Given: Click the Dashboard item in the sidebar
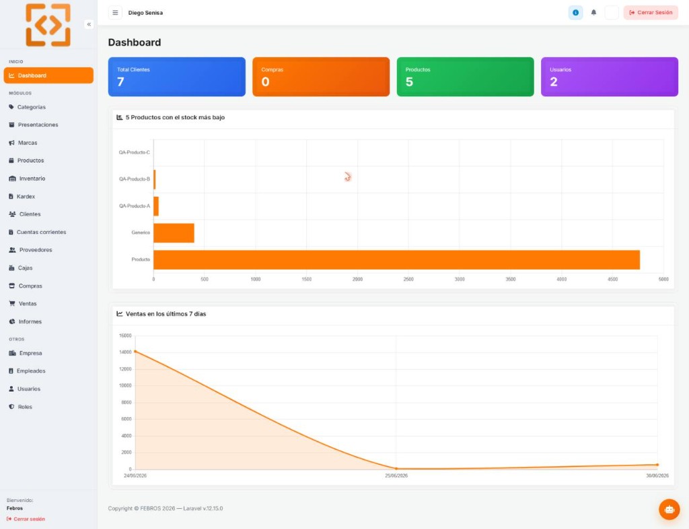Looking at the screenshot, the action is click(x=48, y=75).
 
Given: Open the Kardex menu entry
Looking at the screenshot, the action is click(x=22, y=196).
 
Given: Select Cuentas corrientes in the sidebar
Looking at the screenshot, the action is click(x=38, y=232).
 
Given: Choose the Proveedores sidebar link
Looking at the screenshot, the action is click(x=31, y=250).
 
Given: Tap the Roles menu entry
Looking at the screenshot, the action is click(x=21, y=406).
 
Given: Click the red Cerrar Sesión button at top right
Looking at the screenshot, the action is click(x=651, y=13).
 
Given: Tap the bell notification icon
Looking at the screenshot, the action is click(x=593, y=13).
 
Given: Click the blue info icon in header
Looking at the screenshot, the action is click(x=576, y=13).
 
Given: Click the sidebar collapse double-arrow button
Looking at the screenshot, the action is click(x=89, y=24).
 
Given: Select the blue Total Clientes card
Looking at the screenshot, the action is click(x=177, y=77).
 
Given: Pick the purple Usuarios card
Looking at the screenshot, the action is click(x=610, y=77).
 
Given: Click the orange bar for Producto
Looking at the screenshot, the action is click(x=397, y=259).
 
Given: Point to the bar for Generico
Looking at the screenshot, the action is click(x=174, y=232).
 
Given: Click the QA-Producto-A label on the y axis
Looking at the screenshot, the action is click(x=135, y=206).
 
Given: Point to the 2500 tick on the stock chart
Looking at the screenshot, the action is click(x=408, y=279).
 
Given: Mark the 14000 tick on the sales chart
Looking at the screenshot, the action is click(x=125, y=352).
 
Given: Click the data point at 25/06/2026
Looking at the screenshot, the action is click(x=396, y=469).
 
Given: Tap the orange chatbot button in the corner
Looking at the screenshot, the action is click(x=669, y=509).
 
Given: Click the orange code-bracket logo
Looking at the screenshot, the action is click(x=48, y=25).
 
